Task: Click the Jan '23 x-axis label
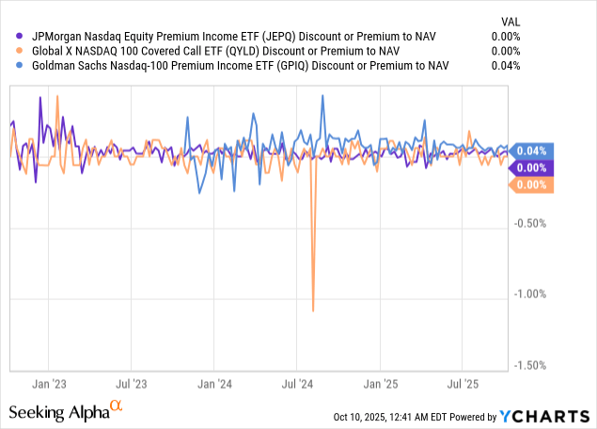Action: click(x=49, y=384)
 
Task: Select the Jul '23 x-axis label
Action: click(x=132, y=384)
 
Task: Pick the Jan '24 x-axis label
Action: click(x=215, y=384)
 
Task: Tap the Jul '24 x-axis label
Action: click(x=297, y=384)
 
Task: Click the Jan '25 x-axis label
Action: click(x=381, y=384)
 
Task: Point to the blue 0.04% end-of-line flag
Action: click(x=531, y=151)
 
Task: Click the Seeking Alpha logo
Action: click(x=66, y=411)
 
